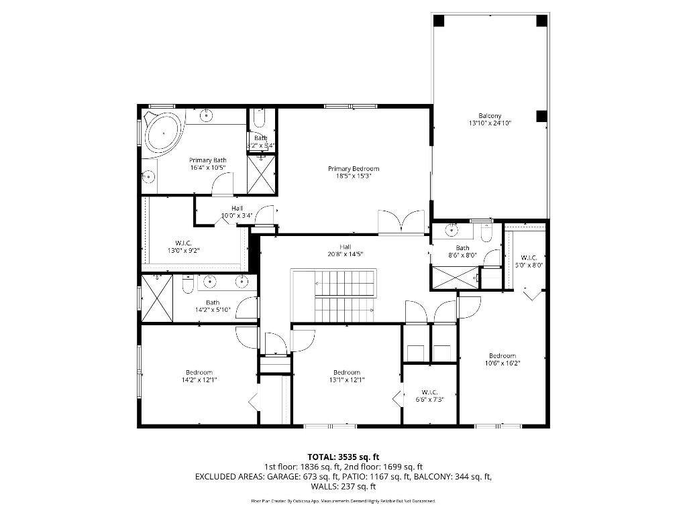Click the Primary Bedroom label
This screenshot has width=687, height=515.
354,168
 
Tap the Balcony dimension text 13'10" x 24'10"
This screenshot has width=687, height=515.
490,123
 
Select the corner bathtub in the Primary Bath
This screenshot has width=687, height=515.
163,132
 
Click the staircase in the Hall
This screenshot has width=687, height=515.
343,296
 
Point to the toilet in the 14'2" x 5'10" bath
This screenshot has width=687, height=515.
189,286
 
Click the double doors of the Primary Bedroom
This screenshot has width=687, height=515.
400,221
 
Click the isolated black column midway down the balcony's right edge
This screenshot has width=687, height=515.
541,116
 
